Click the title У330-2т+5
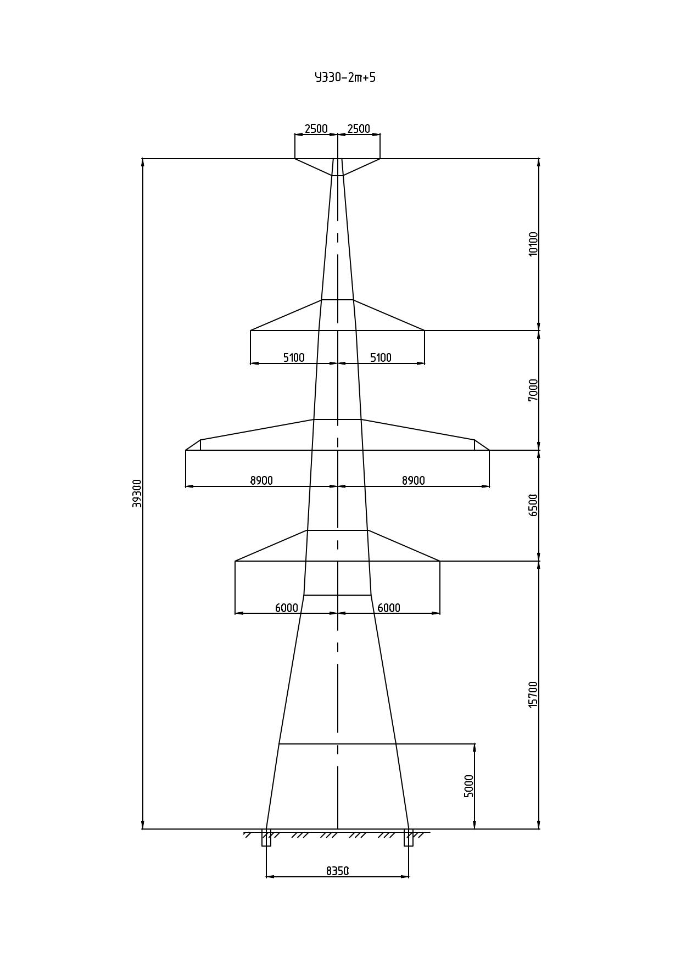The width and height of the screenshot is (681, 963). tap(345, 77)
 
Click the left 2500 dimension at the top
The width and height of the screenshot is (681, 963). tap(316, 128)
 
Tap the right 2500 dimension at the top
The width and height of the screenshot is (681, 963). tap(359, 128)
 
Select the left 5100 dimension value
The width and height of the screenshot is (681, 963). tap(294, 357)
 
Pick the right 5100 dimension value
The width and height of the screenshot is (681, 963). tap(381, 357)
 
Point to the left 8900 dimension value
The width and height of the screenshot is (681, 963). tap(261, 480)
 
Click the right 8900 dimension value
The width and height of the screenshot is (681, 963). tap(414, 480)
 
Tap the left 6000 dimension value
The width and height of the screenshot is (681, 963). tap(287, 608)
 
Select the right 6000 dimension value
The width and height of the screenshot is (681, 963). tap(389, 608)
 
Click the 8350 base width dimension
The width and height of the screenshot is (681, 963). tap(338, 871)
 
